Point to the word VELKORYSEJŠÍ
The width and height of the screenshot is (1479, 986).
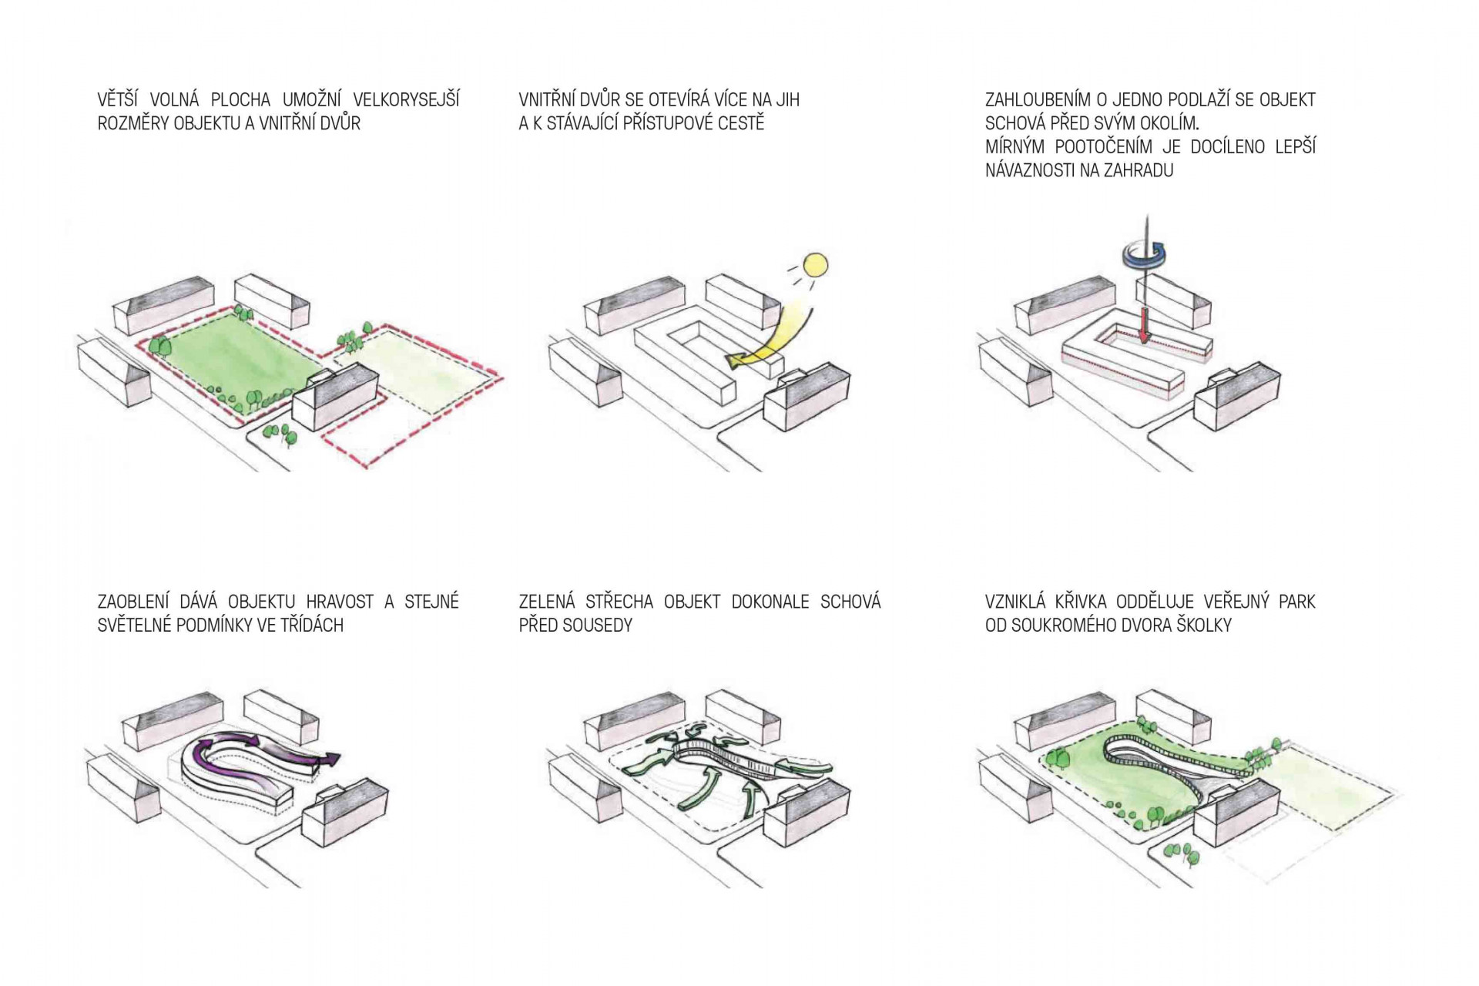(x=406, y=100)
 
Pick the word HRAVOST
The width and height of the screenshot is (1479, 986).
(x=340, y=602)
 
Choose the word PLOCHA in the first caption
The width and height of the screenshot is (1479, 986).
(x=240, y=100)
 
